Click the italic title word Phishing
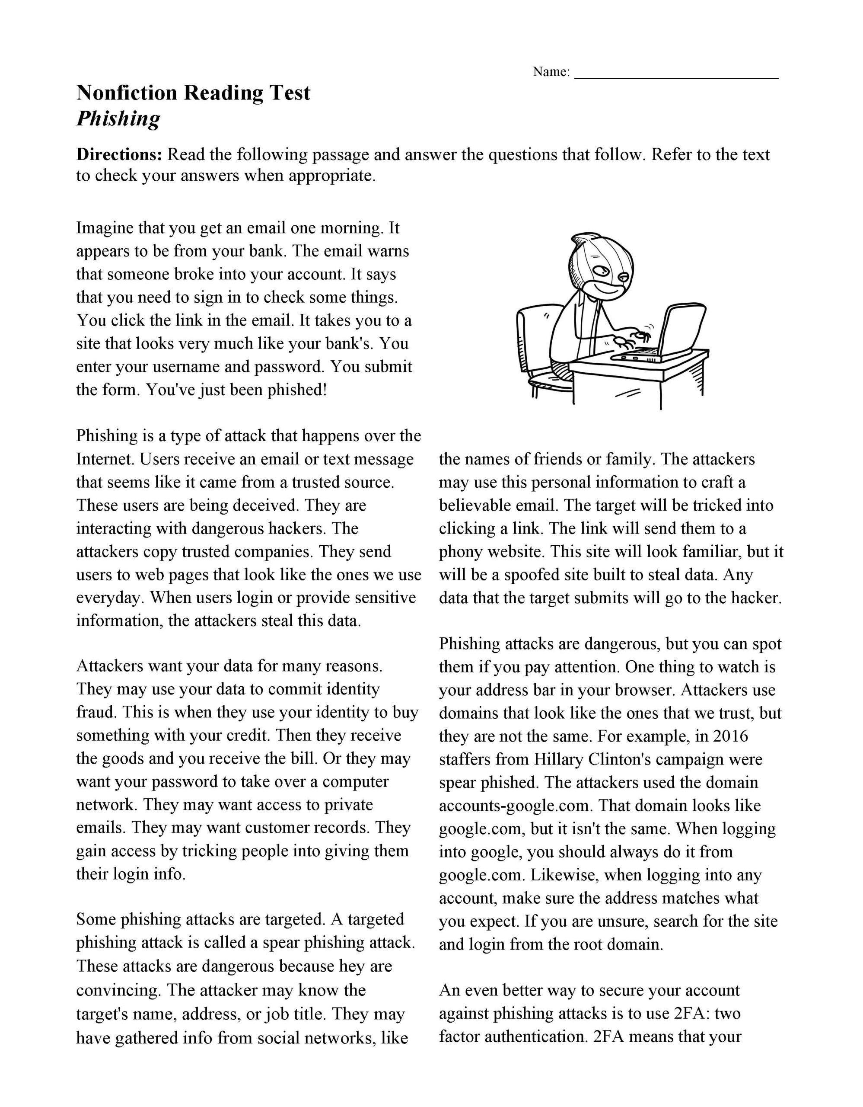coord(118,119)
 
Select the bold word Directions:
coord(119,155)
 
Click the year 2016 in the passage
coord(730,736)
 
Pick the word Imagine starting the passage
coord(104,228)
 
